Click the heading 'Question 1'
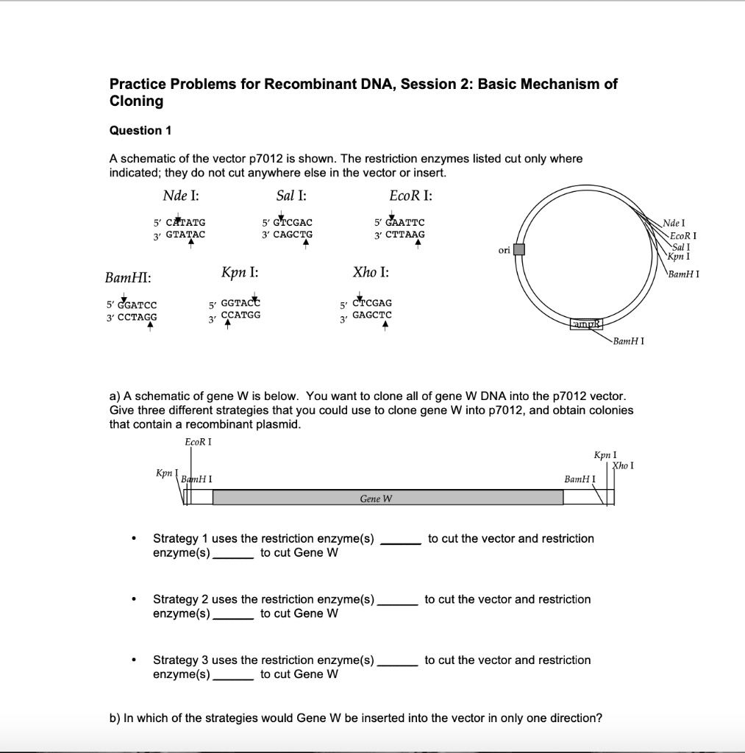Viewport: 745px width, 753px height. [140, 131]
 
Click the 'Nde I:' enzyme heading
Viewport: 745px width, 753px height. [180, 196]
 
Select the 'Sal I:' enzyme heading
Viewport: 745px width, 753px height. [291, 196]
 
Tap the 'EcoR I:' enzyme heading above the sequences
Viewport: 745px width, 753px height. [410, 196]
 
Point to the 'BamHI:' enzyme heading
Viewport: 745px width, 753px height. [129, 278]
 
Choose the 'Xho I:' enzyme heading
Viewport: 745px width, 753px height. [371, 272]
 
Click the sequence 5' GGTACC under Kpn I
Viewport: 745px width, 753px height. [235, 303]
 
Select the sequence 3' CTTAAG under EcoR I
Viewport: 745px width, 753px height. [399, 235]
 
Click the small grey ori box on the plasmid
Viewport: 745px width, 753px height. [518, 249]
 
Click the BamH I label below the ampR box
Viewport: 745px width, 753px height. [629, 342]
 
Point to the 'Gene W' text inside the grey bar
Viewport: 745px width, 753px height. [376, 499]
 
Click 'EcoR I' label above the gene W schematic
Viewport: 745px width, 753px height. [199, 442]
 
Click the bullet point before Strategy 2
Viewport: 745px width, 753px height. [133, 600]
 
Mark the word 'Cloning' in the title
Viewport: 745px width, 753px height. [136, 101]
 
